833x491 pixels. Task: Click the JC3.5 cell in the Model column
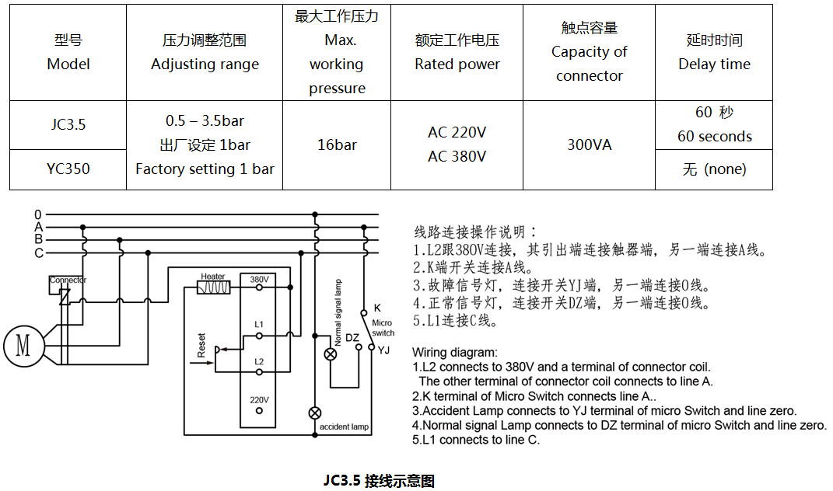point(68,125)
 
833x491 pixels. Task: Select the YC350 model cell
point(68,169)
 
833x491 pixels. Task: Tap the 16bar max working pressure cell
point(337,145)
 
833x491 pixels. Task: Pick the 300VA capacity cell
point(589,145)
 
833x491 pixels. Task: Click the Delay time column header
point(714,52)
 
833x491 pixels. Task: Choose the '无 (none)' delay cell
point(714,169)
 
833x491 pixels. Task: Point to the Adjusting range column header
point(205,52)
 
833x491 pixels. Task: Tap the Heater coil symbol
point(214,287)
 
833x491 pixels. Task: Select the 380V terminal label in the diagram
point(259,280)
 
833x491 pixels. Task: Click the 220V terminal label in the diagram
point(259,400)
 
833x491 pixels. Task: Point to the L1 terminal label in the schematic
point(259,323)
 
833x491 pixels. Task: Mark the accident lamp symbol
point(315,412)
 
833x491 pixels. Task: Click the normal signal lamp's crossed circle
point(331,354)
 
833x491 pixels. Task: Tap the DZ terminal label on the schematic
point(352,338)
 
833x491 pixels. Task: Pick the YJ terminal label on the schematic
point(383,351)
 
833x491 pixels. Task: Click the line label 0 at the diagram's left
point(37,214)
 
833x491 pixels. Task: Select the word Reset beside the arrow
point(201,345)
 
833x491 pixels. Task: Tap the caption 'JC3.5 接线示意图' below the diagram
point(379,481)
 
